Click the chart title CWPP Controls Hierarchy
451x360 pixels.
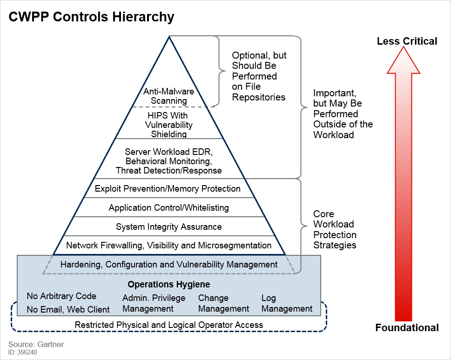coord(92,17)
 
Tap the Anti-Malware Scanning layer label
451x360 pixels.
coord(168,96)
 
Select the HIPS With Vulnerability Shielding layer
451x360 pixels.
coord(168,125)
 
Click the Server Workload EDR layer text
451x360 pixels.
coord(168,161)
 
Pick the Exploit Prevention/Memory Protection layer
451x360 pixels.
coord(168,188)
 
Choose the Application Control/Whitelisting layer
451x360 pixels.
coord(168,207)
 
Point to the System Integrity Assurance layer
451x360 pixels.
coord(168,227)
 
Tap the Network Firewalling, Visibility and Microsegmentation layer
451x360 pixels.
coord(168,245)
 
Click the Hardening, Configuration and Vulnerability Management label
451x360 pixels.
coord(168,264)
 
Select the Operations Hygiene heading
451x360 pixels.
coord(168,284)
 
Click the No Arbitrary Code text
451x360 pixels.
coord(61,296)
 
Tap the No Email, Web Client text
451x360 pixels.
coord(68,309)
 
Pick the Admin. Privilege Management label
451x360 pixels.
coord(154,303)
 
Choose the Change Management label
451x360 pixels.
coord(223,303)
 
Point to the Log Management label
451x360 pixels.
coord(287,303)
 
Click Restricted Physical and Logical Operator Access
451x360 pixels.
coord(168,325)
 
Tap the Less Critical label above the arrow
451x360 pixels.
coord(407,41)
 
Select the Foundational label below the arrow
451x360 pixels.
coord(407,328)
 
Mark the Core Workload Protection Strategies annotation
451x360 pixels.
coord(335,229)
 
